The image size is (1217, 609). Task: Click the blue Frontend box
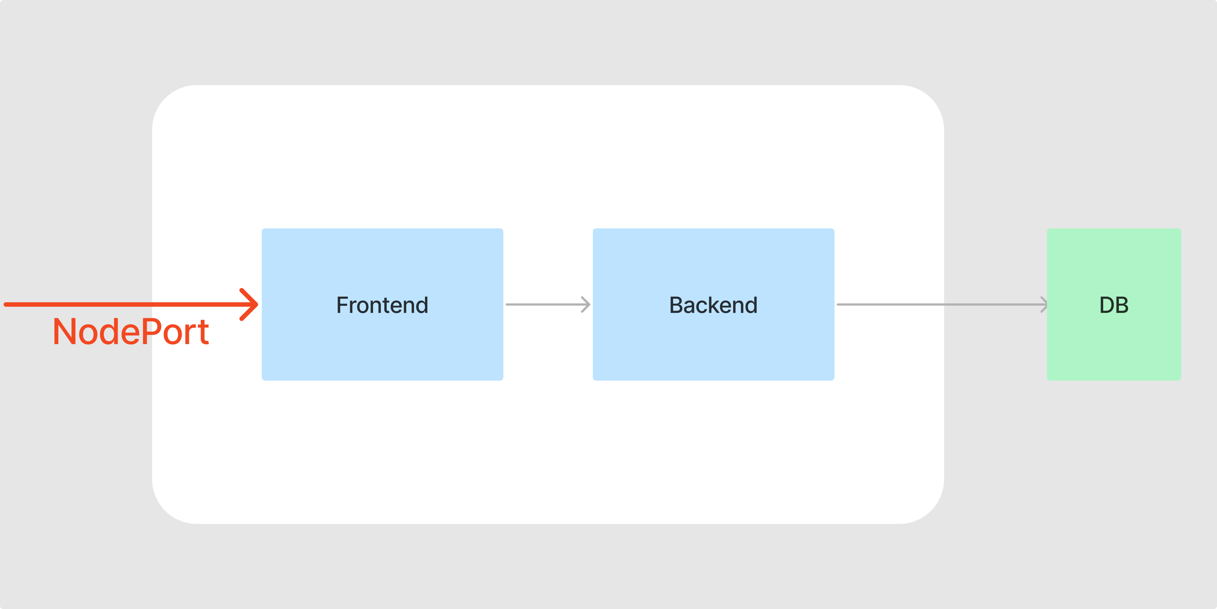(x=382, y=304)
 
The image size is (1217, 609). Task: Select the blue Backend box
(x=713, y=304)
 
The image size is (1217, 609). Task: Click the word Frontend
(x=382, y=305)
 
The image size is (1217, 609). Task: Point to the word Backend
(x=713, y=305)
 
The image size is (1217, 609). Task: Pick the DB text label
(x=1114, y=305)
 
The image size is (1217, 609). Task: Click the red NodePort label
(x=131, y=331)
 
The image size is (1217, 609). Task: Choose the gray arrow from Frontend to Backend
(x=548, y=304)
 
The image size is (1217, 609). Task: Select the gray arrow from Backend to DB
(x=942, y=304)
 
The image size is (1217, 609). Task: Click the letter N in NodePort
(x=65, y=331)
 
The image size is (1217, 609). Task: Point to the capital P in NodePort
(x=151, y=331)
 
